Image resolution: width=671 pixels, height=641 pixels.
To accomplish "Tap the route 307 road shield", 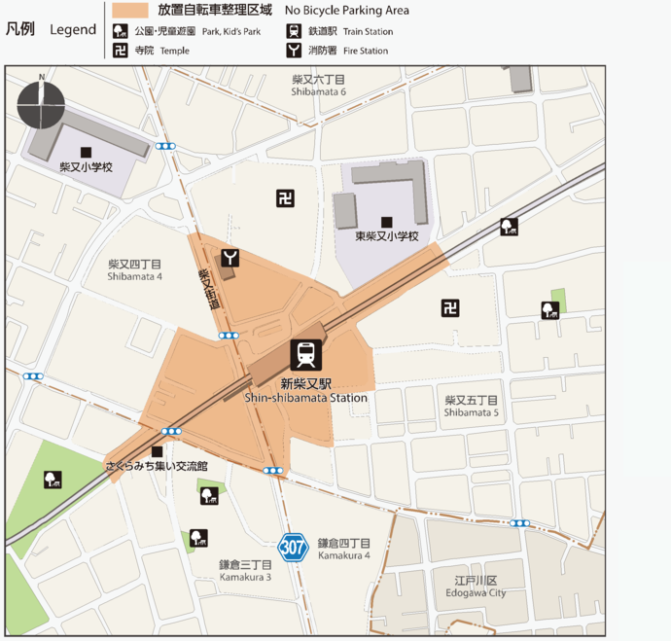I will pos(295,547).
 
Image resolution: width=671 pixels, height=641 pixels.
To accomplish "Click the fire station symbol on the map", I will pos(230,258).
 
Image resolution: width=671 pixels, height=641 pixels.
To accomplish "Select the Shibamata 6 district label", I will pos(318,85).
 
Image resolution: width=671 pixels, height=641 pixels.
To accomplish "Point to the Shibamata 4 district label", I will pos(135,269).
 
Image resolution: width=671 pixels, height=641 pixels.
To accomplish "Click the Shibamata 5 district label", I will pos(472,406).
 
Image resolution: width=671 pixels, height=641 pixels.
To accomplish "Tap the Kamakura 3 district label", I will pos(245,570).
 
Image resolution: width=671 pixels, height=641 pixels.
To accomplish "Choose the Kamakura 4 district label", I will pos(343,549).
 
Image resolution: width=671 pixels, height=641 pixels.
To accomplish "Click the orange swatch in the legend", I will pos(129,11).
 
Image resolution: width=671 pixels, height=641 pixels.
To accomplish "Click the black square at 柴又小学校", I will pos(87,152).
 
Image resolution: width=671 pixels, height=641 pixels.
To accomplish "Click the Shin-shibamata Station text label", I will pos(306,390).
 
